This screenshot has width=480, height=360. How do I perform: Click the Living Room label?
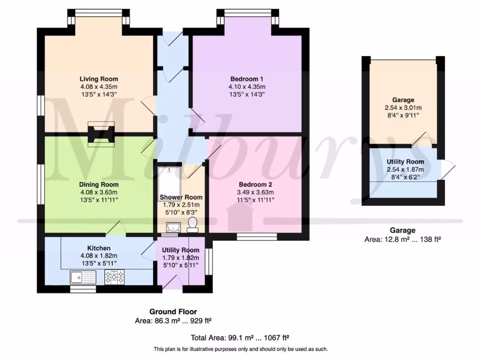click(98, 79)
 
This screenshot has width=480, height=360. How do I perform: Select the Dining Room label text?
click(98, 185)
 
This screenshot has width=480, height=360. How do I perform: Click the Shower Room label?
click(181, 197)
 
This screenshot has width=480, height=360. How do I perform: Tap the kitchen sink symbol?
click(83, 277)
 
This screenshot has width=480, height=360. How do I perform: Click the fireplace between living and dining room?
click(101, 134)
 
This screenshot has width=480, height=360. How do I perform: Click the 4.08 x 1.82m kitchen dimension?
click(98, 255)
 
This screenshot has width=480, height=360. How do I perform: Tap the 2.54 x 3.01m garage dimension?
click(403, 107)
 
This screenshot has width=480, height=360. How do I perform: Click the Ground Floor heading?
click(173, 312)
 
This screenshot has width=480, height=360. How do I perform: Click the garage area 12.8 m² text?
click(403, 239)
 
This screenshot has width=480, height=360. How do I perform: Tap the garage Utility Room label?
click(405, 162)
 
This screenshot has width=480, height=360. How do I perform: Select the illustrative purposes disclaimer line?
click(240, 349)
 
